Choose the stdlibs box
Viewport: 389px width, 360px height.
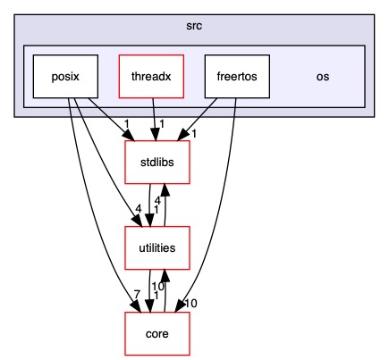pos(157,163)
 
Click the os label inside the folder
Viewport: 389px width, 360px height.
pos(323,76)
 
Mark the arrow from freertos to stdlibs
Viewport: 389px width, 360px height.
pos(210,116)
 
